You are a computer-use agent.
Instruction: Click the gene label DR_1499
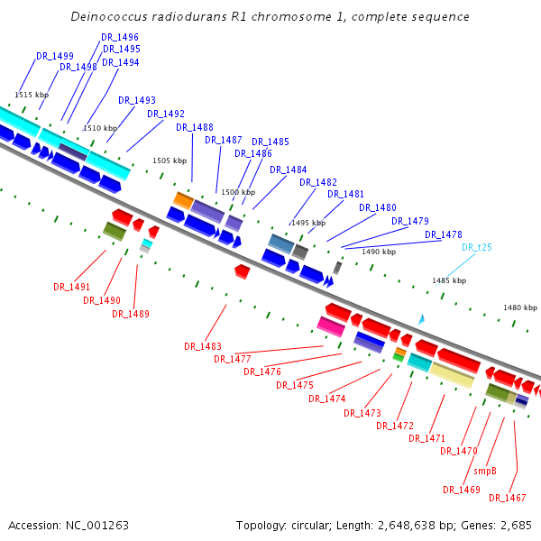(x=55, y=56)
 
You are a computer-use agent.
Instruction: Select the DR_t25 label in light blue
(x=477, y=247)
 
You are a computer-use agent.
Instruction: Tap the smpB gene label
(x=483, y=471)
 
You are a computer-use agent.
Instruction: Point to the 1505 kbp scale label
(x=170, y=160)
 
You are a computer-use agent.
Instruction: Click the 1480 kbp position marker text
(x=520, y=307)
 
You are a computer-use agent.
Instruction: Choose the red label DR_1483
(x=203, y=346)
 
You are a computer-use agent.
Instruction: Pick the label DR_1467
(x=508, y=498)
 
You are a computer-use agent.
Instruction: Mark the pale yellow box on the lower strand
(x=452, y=375)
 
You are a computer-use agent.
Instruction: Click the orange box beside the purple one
(x=183, y=200)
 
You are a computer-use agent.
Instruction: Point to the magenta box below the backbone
(x=330, y=326)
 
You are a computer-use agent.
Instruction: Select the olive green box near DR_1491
(x=114, y=232)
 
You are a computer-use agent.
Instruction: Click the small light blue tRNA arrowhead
(x=420, y=319)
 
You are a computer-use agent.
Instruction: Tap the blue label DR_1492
(x=166, y=114)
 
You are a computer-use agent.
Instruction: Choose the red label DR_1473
(x=362, y=413)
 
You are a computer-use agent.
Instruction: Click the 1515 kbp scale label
(x=32, y=95)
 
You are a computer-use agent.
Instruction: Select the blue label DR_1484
(x=288, y=170)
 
